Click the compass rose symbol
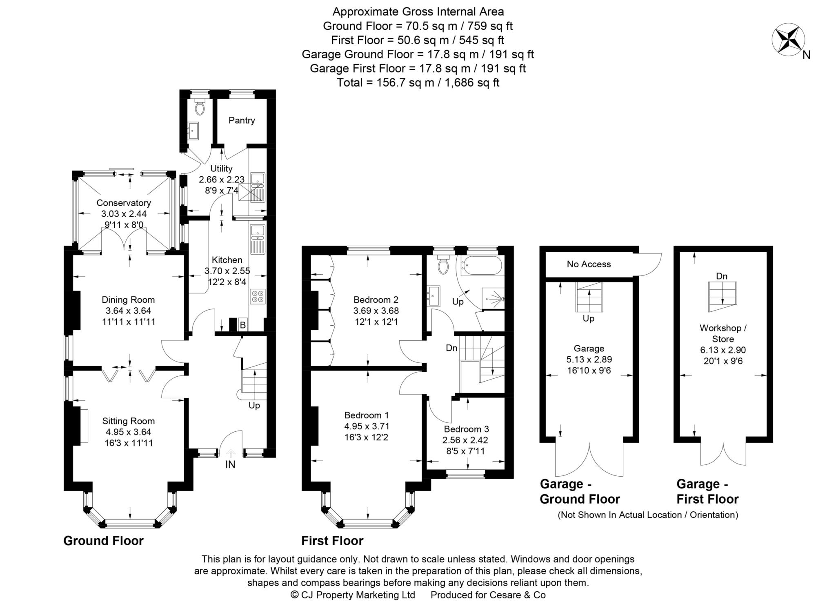(788, 40)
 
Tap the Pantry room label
(242, 120)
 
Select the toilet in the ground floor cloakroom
(200, 108)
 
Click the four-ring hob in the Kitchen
(258, 296)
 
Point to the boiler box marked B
(242, 325)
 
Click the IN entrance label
(230, 464)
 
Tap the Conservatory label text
(124, 203)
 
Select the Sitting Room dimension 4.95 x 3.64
(128, 432)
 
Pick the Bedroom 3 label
(466, 429)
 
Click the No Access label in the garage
(589, 264)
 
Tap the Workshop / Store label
(723, 333)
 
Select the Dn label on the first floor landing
(451, 348)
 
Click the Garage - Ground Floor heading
(580, 491)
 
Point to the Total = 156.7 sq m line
(418, 83)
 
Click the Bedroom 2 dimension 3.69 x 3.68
(376, 311)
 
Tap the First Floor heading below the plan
(332, 541)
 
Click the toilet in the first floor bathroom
(442, 266)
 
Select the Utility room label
(221, 169)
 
